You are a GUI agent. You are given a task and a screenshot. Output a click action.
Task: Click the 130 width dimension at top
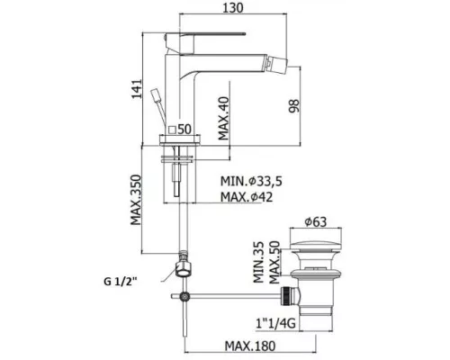click(233, 8)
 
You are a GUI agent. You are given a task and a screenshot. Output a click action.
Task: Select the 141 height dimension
click(137, 89)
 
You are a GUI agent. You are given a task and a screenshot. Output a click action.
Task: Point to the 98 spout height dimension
click(294, 106)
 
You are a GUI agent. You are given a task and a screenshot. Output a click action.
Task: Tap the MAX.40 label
click(223, 118)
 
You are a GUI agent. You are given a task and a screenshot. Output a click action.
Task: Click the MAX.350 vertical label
click(136, 200)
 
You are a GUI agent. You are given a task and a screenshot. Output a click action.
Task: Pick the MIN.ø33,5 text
click(251, 181)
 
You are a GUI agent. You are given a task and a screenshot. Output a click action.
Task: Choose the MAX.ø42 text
click(247, 197)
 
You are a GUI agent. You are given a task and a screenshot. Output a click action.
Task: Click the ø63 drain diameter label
click(315, 222)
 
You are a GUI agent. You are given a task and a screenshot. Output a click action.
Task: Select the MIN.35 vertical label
click(258, 262)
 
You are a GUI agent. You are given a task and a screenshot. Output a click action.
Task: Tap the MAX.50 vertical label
click(274, 262)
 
